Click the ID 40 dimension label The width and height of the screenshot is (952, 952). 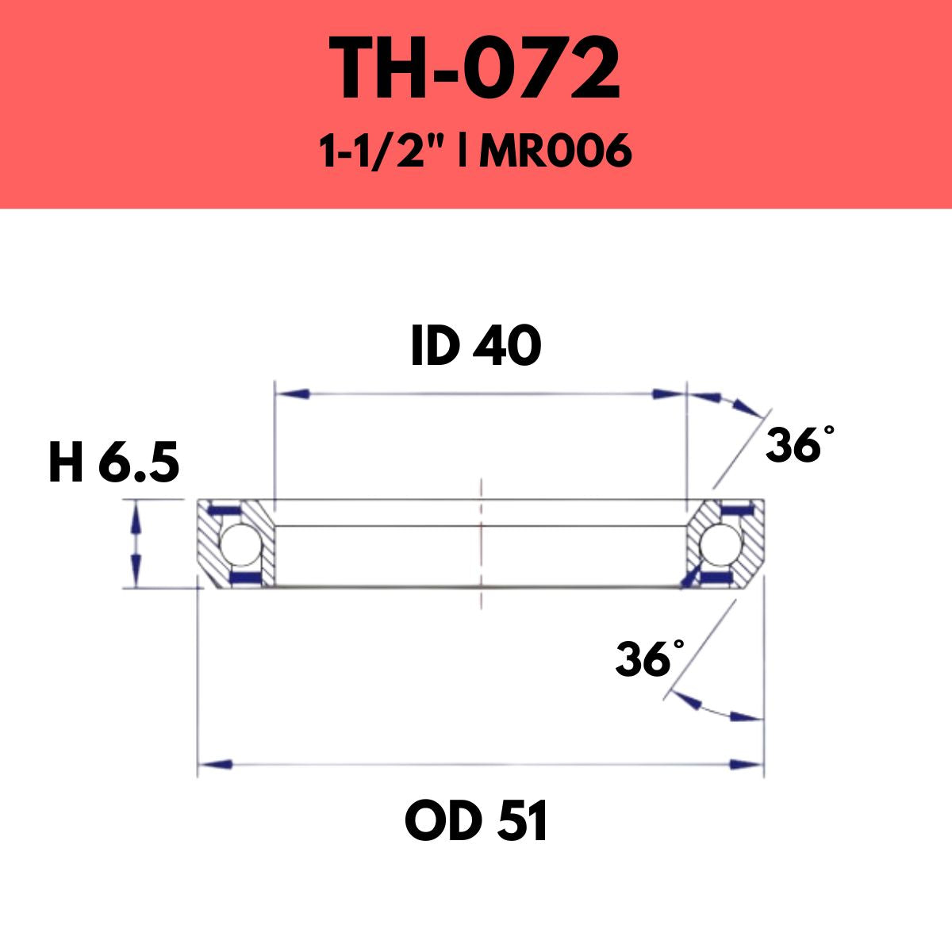(x=476, y=347)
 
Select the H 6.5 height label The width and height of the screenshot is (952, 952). (x=113, y=463)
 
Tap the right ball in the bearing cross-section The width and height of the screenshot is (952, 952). (x=717, y=544)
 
